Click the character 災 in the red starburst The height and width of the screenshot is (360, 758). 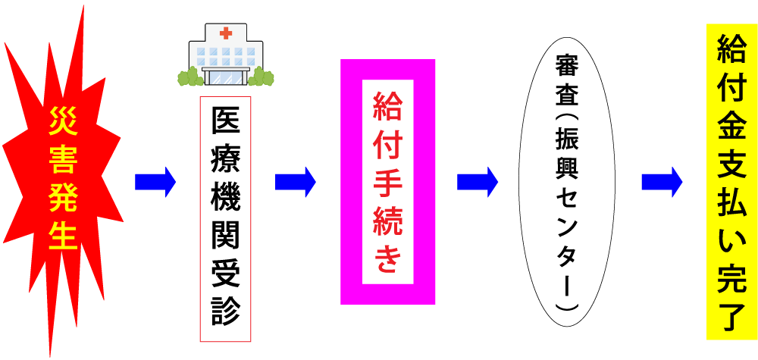coord(64,121)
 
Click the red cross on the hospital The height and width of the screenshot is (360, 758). coord(225,33)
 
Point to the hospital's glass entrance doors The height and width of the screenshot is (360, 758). coord(225,76)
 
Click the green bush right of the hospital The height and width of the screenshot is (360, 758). coord(262,77)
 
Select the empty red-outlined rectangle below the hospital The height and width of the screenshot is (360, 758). coord(225,219)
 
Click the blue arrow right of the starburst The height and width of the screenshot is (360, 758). coord(155,182)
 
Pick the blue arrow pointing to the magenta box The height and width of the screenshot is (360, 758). coord(295,182)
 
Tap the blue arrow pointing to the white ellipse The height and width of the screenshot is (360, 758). coord(477,182)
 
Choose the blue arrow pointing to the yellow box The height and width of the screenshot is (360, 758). coord(661,182)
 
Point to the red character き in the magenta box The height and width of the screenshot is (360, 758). coord(387,259)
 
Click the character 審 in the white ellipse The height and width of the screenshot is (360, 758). coord(566,66)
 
